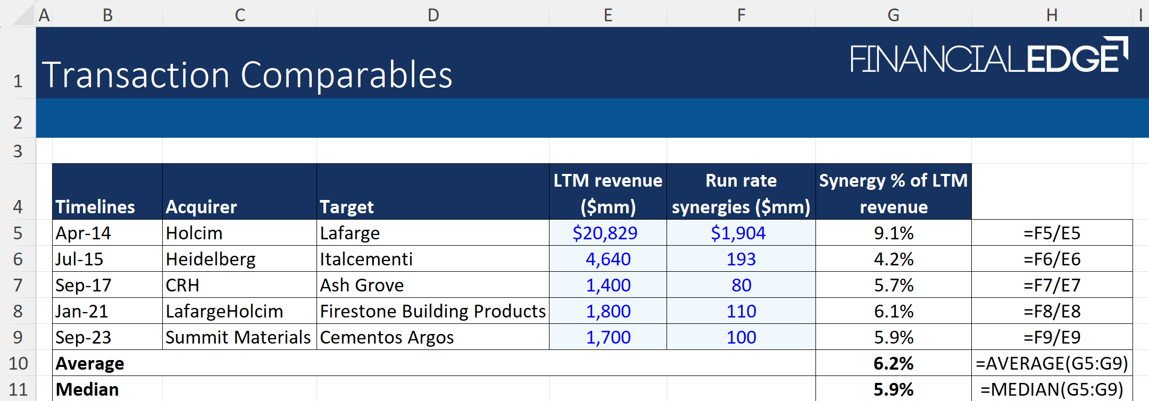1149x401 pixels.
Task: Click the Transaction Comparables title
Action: (x=247, y=75)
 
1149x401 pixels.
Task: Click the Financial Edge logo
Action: (x=988, y=56)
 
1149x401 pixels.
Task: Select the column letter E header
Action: (x=607, y=15)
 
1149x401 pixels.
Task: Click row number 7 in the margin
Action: (x=18, y=285)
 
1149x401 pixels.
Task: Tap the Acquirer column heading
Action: (x=201, y=207)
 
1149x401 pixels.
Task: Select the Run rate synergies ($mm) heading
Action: (x=740, y=194)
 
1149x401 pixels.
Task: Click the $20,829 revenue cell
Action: (x=605, y=233)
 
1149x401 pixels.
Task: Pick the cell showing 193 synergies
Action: (x=740, y=259)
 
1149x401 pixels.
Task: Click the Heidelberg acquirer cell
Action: (x=211, y=259)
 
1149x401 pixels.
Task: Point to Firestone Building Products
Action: (x=432, y=311)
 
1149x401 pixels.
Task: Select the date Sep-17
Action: (x=84, y=285)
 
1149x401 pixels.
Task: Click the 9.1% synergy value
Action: (x=893, y=233)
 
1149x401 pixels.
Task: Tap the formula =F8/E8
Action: (x=1052, y=311)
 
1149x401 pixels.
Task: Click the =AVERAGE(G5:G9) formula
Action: (x=1052, y=363)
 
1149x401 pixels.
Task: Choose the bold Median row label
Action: (x=87, y=389)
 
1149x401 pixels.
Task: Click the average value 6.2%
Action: (x=893, y=363)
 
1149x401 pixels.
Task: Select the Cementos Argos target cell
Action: (x=387, y=337)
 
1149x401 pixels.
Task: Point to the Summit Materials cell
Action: (x=238, y=337)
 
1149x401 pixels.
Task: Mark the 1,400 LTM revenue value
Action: (x=608, y=285)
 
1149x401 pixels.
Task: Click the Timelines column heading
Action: (x=95, y=207)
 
